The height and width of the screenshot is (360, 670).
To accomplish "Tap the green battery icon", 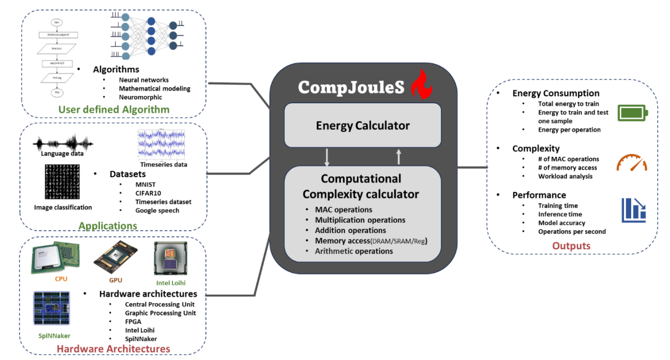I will coord(633,113).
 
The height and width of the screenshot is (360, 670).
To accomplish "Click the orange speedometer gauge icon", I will coord(631,163).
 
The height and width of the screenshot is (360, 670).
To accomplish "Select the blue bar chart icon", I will coord(633,210).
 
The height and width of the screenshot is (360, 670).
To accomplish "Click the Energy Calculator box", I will coord(363,125).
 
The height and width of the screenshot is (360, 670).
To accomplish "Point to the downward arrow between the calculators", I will coord(326,157).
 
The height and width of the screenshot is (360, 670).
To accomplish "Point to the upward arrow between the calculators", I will coord(399,157).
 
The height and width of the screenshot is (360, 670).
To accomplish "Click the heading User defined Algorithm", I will coord(114,110).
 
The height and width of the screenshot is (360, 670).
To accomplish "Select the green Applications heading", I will coord(108,225).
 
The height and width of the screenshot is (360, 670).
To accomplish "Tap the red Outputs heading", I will coord(571,246).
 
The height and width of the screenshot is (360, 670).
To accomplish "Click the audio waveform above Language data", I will coord(63,144).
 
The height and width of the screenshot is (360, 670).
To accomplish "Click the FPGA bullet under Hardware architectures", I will coord(133,321).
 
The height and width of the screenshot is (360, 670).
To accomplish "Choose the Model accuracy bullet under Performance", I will coord(561,223).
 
